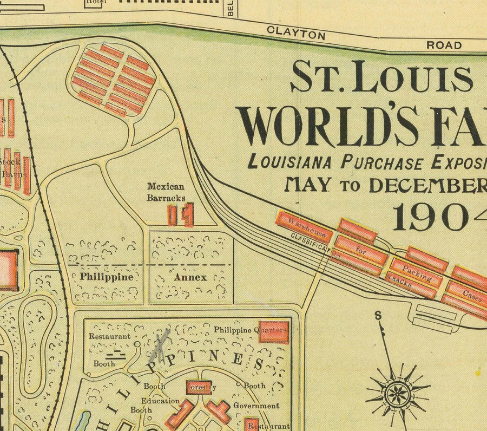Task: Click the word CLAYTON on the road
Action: tap(296, 33)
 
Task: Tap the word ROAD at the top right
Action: tap(444, 45)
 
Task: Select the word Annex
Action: tap(190, 277)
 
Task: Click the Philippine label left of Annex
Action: tap(107, 277)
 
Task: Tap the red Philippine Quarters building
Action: tap(273, 332)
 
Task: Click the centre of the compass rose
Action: tap(398, 391)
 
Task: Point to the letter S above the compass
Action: tap(378, 316)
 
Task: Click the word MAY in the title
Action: tap(308, 185)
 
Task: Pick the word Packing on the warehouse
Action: tap(416, 273)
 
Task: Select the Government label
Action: tap(256, 406)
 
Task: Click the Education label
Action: tap(160, 401)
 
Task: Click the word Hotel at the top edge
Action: tap(97, 3)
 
